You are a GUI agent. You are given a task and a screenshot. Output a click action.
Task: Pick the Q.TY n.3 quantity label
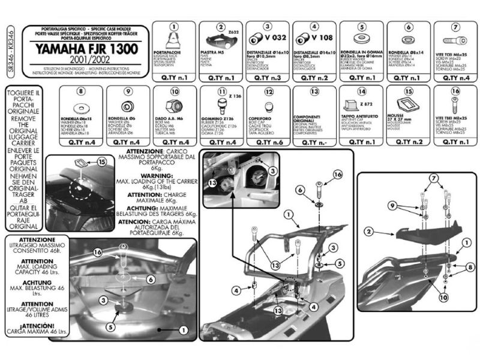coord(268,78)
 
